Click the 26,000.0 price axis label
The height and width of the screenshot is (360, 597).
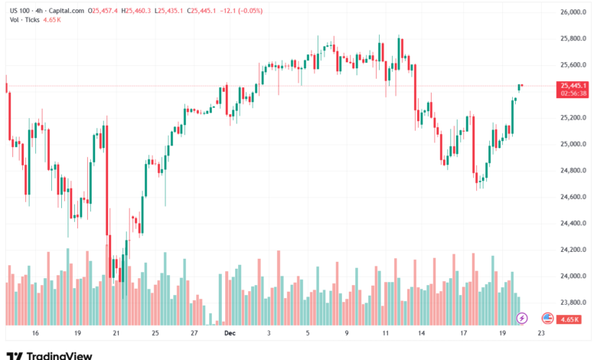pyautogui.click(x=573, y=13)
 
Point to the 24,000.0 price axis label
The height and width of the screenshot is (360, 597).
pyautogui.click(x=573, y=276)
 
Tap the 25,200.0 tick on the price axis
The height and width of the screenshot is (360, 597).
pyautogui.click(x=573, y=118)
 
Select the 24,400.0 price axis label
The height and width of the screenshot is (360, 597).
pyautogui.click(x=573, y=224)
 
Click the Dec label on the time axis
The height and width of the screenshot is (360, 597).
pyautogui.click(x=230, y=333)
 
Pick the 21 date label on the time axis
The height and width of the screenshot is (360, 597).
pyautogui.click(x=116, y=333)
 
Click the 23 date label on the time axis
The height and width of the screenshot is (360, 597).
pyautogui.click(x=541, y=333)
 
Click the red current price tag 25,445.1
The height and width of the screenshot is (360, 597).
pyautogui.click(x=573, y=86)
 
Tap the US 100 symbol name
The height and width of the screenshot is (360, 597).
pyautogui.click(x=19, y=10)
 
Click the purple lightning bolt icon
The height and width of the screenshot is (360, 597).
pyautogui.click(x=523, y=317)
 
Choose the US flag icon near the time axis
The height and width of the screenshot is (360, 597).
pyautogui.click(x=547, y=317)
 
